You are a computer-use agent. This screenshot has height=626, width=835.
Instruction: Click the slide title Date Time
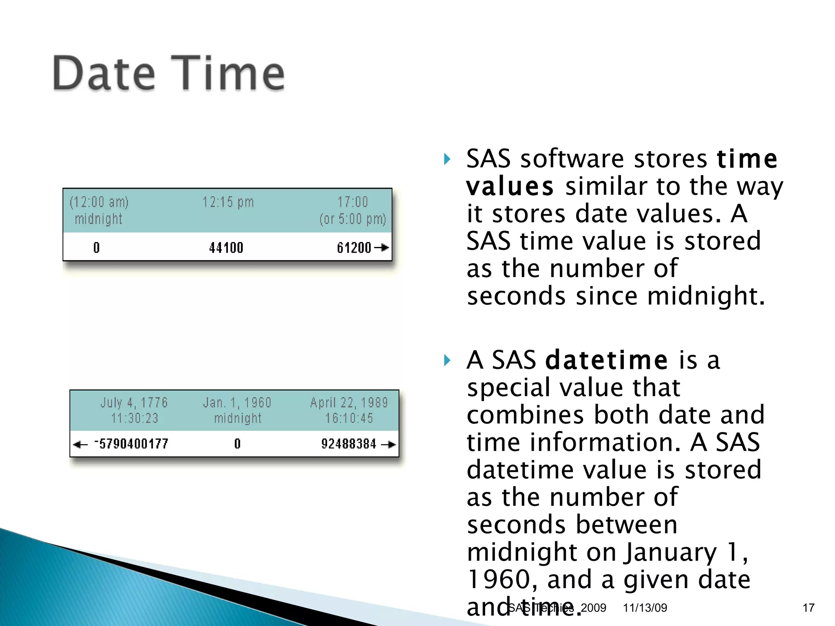[x=169, y=74]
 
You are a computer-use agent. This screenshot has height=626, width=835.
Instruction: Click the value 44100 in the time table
[x=226, y=247]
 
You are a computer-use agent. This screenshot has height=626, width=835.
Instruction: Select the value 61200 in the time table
[x=353, y=247]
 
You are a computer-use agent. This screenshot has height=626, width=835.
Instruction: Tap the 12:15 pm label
[x=228, y=202]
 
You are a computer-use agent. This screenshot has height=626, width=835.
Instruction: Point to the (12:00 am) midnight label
[x=99, y=210]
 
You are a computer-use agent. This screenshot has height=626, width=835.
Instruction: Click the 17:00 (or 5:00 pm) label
[x=353, y=210]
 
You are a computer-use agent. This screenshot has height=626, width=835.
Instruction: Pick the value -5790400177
[x=131, y=443]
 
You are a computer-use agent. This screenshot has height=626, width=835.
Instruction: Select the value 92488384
[x=349, y=443]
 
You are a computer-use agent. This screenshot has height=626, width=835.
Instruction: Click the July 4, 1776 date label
[x=134, y=403]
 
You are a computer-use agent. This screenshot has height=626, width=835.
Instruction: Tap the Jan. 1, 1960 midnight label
[x=237, y=410]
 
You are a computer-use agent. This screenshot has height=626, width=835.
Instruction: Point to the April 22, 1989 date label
[x=349, y=403]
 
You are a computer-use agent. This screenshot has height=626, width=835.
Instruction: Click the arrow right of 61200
[x=382, y=247]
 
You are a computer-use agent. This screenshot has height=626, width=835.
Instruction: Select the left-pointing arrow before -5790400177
[x=80, y=444]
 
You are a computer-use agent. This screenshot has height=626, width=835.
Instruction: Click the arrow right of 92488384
[x=388, y=444]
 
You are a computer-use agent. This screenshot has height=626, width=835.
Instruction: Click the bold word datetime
[x=606, y=360]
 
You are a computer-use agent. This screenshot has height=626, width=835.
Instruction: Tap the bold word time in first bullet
[x=747, y=159]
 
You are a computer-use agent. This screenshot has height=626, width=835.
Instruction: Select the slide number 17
[x=808, y=608]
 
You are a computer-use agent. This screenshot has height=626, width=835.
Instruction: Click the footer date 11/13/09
[x=645, y=608]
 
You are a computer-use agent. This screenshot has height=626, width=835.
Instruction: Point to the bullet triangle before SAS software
[x=447, y=159]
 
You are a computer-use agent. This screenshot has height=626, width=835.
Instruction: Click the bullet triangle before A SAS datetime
[x=447, y=360]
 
